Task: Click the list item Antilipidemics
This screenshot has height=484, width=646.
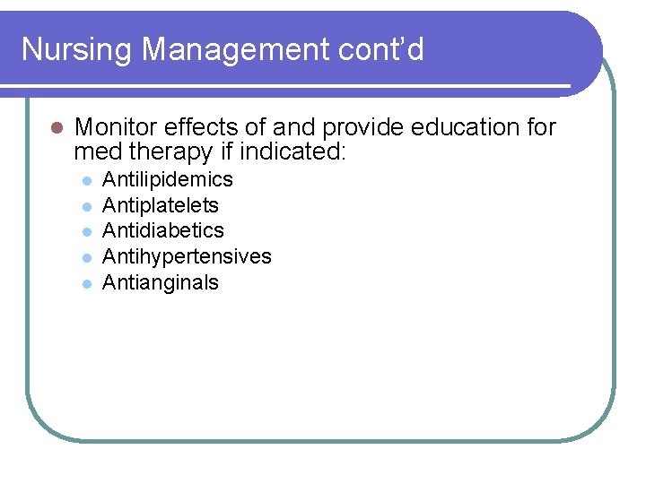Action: click(x=168, y=180)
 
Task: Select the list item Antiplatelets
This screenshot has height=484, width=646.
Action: click(x=161, y=205)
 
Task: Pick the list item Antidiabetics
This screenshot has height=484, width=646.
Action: click(x=163, y=231)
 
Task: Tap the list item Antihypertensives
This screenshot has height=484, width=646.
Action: click(x=187, y=256)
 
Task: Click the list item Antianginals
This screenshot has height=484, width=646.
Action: click(x=161, y=282)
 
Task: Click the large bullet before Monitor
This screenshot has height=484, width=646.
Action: click(x=55, y=128)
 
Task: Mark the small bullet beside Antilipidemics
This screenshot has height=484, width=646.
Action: click(x=87, y=181)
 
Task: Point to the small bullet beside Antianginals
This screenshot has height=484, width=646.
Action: click(x=87, y=283)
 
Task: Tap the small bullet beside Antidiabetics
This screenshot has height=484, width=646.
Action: click(x=87, y=232)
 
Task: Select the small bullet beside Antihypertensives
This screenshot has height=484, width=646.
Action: click(x=87, y=257)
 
